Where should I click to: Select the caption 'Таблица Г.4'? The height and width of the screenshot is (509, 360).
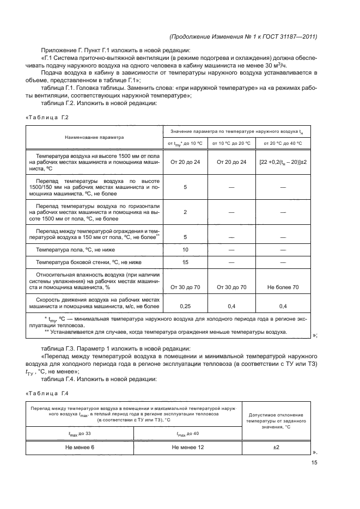(47, 394)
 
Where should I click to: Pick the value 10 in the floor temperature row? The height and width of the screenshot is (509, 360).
(185, 249)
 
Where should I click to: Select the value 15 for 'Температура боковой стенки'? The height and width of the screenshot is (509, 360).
(185, 262)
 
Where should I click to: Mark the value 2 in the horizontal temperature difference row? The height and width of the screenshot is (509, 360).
(185, 212)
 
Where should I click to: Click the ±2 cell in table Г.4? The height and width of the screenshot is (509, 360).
(276, 447)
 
